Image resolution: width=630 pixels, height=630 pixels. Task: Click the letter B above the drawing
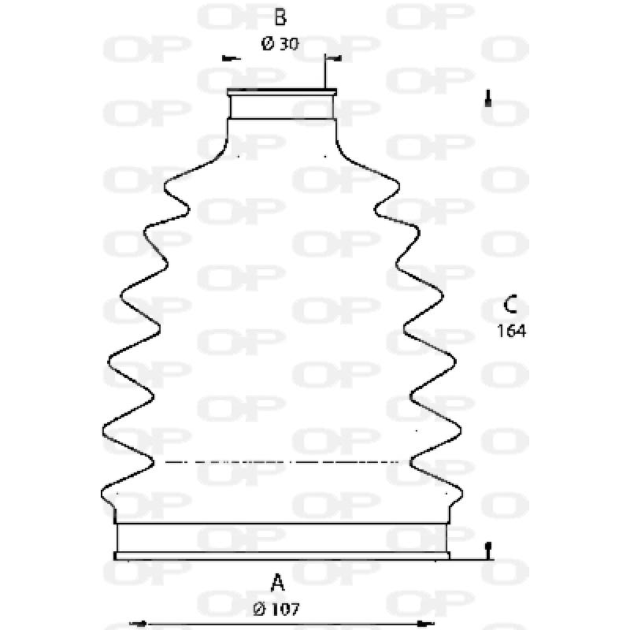(x=280, y=17)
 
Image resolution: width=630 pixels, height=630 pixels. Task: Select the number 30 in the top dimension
(x=288, y=45)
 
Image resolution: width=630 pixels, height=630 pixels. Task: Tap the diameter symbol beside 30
(x=267, y=45)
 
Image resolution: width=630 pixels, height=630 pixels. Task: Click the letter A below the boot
(x=277, y=584)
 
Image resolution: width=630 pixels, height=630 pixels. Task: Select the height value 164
(x=510, y=331)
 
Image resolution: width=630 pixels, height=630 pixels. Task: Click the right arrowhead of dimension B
(x=336, y=58)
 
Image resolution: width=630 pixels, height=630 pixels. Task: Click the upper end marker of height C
(x=489, y=99)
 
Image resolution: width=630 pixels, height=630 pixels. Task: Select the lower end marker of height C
(x=489, y=549)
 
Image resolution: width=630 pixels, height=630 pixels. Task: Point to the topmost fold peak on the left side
(x=166, y=187)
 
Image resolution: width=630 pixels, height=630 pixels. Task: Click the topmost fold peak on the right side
(x=399, y=187)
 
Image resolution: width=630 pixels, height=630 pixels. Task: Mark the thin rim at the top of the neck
(x=283, y=92)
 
